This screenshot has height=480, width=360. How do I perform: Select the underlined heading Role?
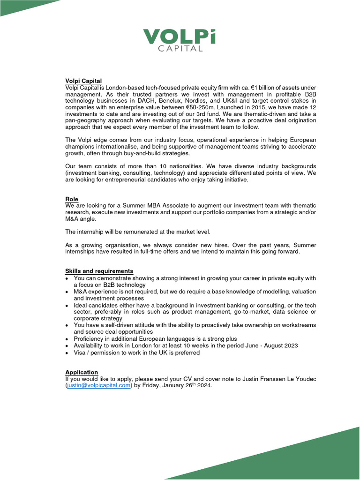click(x=72, y=199)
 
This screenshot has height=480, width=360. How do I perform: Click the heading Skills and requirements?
click(x=99, y=271)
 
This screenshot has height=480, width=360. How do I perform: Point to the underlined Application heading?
click(x=82, y=372)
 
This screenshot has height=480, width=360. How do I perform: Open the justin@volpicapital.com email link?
click(x=98, y=386)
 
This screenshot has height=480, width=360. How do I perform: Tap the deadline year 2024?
click(x=204, y=386)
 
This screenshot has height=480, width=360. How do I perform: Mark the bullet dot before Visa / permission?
click(x=67, y=353)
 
